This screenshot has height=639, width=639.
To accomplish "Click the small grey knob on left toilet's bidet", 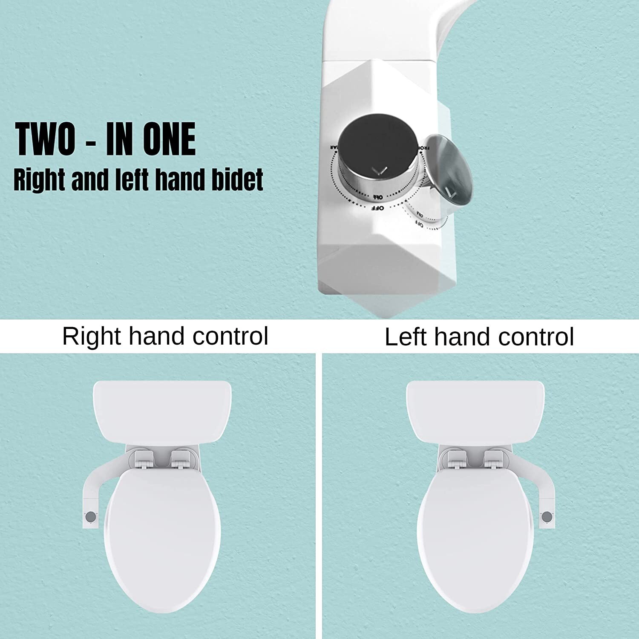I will click(90, 516).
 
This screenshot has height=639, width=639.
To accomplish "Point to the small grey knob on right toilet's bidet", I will click(547, 517).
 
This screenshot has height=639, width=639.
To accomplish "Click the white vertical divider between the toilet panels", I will click(319, 494).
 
